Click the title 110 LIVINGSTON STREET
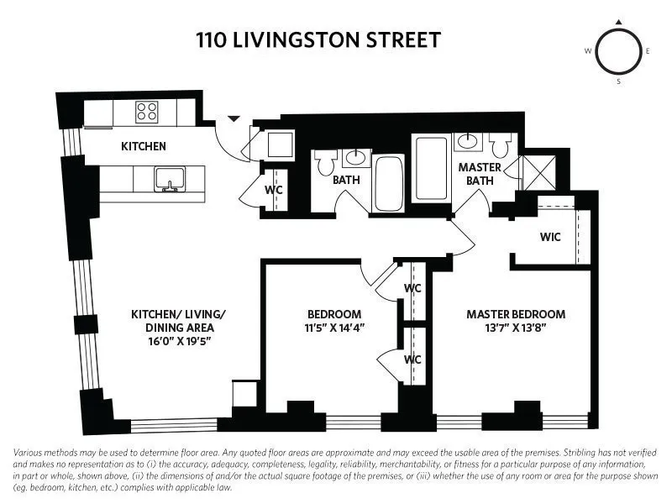318,39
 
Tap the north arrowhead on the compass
619,22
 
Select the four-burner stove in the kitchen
147,112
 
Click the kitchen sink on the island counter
170,178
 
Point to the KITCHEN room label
144,146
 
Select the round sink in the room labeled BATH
357,157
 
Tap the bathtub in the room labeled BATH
388,182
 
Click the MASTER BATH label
480,174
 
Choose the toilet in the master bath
501,148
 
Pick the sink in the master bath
467,142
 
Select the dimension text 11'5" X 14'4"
335,328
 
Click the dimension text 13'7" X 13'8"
516,328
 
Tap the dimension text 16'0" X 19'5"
178,342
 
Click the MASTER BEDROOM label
516,314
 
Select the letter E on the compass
648,51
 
